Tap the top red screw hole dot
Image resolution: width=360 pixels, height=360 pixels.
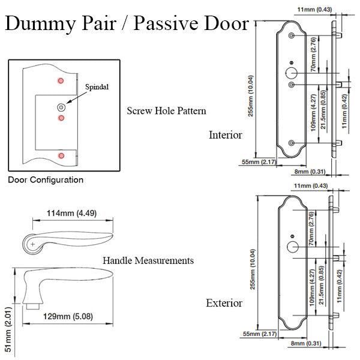click(x=60, y=80)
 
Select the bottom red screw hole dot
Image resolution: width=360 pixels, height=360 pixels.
click(x=61, y=156)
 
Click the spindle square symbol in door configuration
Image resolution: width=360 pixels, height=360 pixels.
click(x=61, y=106)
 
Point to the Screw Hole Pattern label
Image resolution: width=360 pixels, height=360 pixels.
click(x=167, y=111)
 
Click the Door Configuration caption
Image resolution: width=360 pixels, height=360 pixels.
click(x=46, y=179)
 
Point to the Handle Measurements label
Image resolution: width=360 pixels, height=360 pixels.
click(x=148, y=261)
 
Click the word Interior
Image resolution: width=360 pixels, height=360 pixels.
click(x=225, y=135)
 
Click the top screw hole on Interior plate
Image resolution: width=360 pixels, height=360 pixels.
click(x=291, y=37)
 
